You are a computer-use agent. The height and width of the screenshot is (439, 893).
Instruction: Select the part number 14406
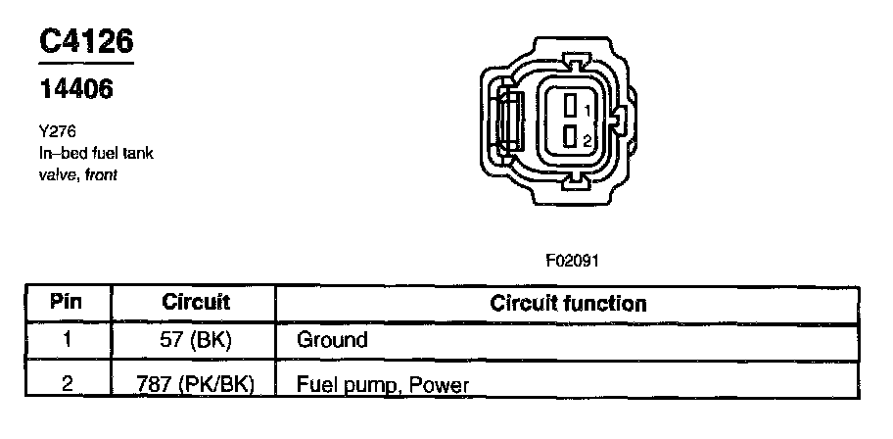(76, 89)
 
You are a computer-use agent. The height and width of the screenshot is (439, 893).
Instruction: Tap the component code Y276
(56, 131)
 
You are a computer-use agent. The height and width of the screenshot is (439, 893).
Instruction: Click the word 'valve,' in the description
(59, 174)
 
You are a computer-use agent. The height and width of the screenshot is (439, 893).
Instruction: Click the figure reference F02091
(572, 261)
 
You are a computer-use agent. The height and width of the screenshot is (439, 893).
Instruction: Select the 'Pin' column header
(68, 302)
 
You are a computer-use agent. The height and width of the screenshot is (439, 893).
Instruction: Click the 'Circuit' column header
(195, 302)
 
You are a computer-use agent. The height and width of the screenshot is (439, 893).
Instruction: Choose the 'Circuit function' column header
(568, 303)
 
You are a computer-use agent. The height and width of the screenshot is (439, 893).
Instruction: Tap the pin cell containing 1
(68, 340)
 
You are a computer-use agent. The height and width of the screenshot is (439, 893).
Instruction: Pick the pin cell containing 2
(68, 383)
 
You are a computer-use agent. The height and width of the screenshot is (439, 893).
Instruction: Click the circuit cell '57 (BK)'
(195, 340)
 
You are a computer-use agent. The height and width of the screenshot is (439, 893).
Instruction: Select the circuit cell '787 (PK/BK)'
(195, 383)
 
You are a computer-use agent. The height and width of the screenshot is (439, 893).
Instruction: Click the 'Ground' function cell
(332, 340)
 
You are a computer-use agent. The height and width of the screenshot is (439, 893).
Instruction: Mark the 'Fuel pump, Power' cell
(383, 383)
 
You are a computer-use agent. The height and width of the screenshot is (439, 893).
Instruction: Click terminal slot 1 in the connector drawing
(570, 106)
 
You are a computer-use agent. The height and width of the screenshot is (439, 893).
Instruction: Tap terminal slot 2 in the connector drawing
(570, 138)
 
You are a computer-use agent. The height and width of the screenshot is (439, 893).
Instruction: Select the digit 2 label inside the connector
(586, 140)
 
